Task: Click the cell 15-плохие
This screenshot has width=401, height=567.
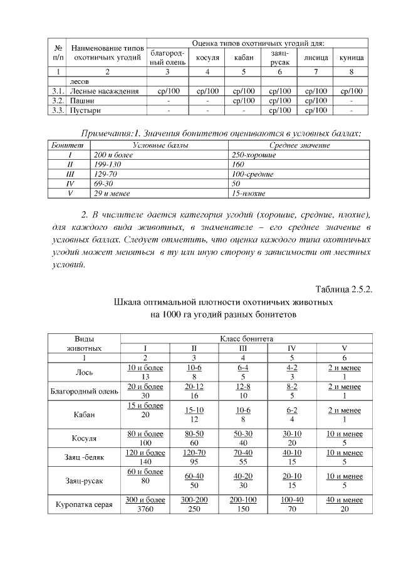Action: [249, 194]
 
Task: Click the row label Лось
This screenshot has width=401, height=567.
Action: [85, 372]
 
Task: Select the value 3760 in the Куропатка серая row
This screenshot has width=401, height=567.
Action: [146, 510]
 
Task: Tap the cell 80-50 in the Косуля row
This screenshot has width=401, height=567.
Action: [194, 432]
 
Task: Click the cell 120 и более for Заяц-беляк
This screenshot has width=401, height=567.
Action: [146, 452]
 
